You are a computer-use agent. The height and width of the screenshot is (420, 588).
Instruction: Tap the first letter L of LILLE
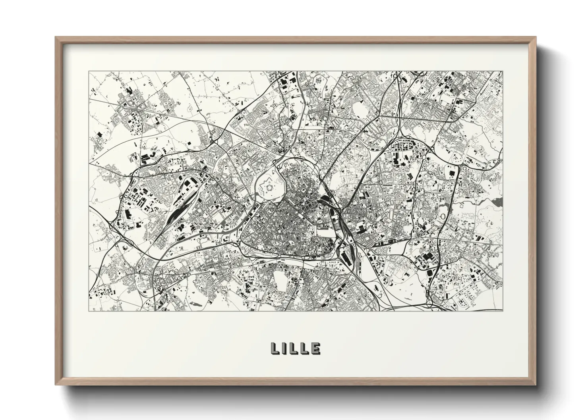[275, 349]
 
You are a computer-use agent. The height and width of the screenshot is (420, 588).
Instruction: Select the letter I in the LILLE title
[285, 349]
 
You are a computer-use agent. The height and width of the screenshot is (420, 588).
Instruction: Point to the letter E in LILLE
[316, 349]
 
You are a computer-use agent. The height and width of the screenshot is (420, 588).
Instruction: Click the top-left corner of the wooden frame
[56, 37]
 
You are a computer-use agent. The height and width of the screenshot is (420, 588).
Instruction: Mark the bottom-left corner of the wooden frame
[56, 384]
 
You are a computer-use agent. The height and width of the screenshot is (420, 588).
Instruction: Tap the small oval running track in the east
[442, 216]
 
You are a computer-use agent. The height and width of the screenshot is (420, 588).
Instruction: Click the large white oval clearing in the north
[359, 108]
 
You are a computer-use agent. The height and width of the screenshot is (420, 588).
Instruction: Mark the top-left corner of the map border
[89, 71]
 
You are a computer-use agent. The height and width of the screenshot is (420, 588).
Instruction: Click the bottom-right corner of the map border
[503, 311]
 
